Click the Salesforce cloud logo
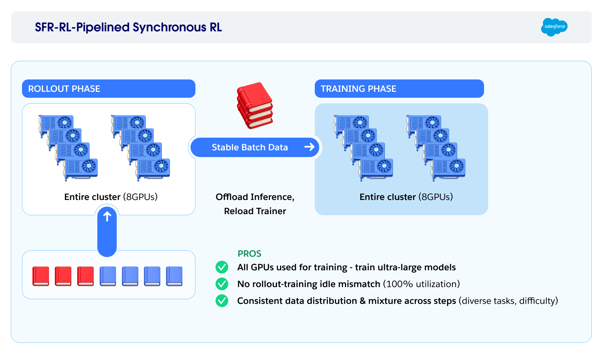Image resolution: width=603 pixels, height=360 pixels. click(554, 27)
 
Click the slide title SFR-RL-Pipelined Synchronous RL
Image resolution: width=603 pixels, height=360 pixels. click(128, 27)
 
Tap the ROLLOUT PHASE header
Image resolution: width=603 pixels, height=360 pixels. click(64, 89)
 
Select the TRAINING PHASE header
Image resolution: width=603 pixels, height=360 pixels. click(358, 89)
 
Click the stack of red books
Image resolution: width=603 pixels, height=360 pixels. click(255, 106)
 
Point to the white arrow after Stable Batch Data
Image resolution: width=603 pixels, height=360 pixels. click(310, 147)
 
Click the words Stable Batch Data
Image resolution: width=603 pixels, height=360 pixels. click(249, 147)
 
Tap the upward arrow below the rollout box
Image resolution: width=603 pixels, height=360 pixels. click(107, 217)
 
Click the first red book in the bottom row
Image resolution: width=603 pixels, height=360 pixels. click(41, 276)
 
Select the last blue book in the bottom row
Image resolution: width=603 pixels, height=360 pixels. click(174, 276)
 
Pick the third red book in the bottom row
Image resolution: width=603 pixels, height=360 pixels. click(85, 276)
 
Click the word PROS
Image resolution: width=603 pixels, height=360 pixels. click(249, 254)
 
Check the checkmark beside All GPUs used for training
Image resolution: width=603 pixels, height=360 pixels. click(222, 267)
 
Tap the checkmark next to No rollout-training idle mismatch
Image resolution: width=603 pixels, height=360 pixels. click(222, 284)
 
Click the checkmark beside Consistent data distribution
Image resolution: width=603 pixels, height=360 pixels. click(222, 301)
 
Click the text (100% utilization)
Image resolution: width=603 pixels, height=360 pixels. click(421, 284)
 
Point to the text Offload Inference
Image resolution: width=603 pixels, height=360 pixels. click(255, 197)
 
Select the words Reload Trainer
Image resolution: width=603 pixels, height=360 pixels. click(255, 211)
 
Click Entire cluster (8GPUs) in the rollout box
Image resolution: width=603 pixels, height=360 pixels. click(111, 197)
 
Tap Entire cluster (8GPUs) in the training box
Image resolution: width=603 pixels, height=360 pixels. click(406, 197)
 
